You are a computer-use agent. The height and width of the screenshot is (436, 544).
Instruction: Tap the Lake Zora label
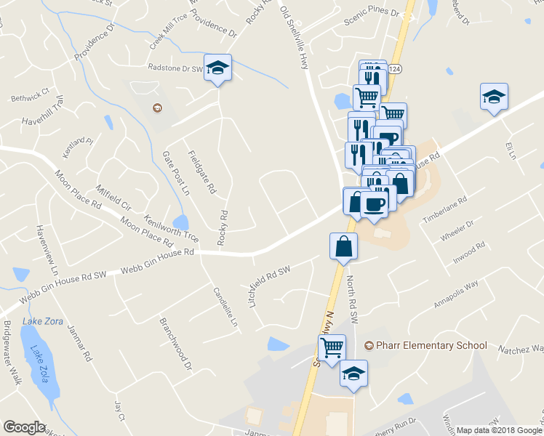[x=43, y=321]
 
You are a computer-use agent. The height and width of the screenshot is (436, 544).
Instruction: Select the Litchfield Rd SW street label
[x=269, y=284]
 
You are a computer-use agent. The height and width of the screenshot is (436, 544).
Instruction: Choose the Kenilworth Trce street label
[x=171, y=227]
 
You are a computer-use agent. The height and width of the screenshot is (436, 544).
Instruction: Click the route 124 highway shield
[x=394, y=68]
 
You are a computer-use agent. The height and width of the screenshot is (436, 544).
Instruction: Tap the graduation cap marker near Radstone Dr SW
[x=217, y=68]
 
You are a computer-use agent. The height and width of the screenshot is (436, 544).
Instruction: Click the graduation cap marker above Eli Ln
[x=494, y=97]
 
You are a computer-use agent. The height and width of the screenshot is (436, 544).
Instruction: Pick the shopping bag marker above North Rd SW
[x=343, y=246]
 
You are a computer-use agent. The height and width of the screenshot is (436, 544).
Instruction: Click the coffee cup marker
[x=375, y=204]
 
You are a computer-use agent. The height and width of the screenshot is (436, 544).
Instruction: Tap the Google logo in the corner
[x=24, y=427]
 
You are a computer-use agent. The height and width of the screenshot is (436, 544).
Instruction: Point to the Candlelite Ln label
[x=225, y=310]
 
